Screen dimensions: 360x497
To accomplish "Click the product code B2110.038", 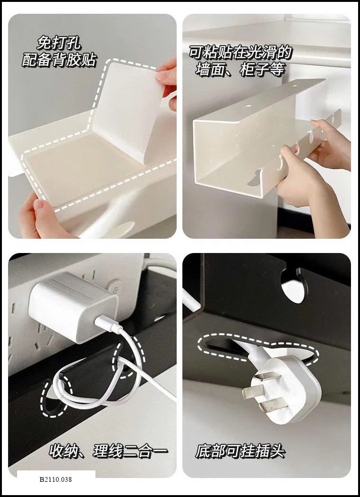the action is pos(56,479).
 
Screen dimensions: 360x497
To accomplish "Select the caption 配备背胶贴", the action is pos(59,59).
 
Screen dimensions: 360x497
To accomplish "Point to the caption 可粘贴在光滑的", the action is pos(240,52).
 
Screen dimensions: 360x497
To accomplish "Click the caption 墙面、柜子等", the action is pos(240,69).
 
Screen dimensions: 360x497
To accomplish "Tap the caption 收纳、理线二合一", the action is pos(108,451).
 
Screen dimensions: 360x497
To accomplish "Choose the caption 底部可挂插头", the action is pos(240,451).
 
